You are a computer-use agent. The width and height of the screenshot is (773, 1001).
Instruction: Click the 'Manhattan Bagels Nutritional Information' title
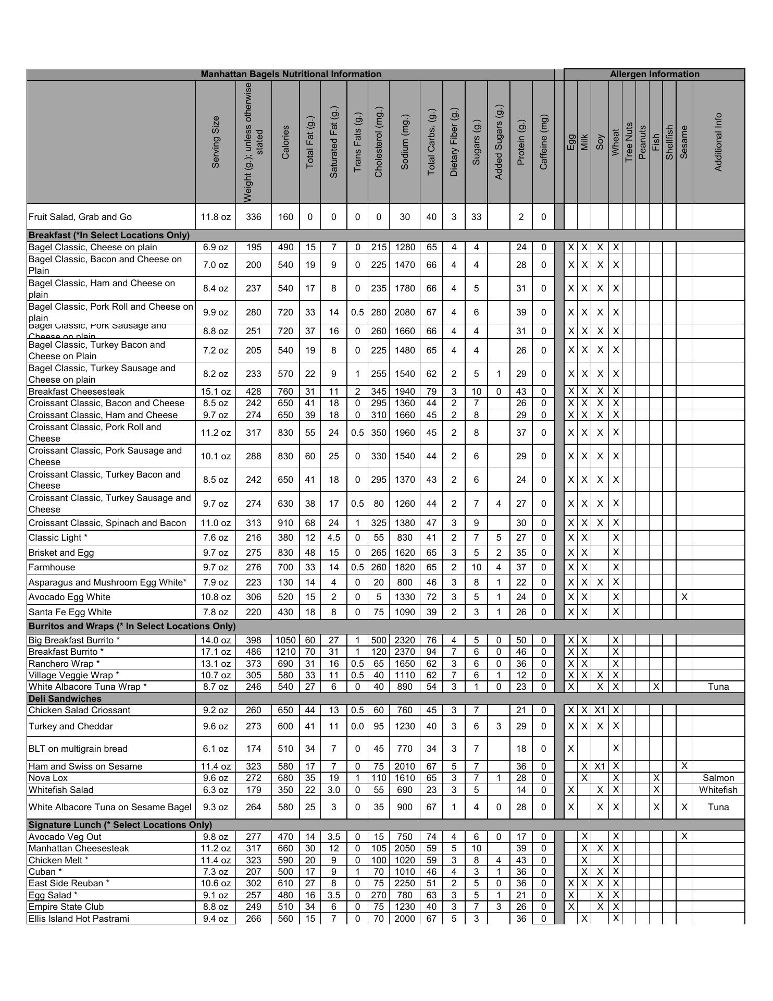(x=291, y=74)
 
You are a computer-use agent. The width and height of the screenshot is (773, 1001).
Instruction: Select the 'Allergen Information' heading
(x=654, y=74)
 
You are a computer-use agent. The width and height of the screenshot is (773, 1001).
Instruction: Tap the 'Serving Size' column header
(x=216, y=142)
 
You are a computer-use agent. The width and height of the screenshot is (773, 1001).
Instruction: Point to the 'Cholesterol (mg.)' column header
(x=378, y=142)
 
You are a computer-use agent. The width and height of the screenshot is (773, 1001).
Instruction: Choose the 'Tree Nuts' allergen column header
(x=629, y=142)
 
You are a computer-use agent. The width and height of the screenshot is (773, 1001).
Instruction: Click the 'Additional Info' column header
(x=718, y=142)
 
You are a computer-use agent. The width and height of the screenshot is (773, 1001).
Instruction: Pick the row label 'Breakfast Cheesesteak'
(x=77, y=392)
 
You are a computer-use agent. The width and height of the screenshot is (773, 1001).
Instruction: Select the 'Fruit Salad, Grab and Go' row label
(x=80, y=217)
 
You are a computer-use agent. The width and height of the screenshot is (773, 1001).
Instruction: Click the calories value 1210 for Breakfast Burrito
(x=285, y=652)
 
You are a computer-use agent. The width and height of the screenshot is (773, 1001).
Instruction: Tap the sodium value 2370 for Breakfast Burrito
(x=405, y=652)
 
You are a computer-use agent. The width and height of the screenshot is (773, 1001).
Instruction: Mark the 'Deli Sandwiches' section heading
(x=65, y=699)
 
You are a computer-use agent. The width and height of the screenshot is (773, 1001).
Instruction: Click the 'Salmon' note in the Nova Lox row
(x=718, y=778)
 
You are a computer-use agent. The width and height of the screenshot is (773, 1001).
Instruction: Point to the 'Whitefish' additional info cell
(x=718, y=790)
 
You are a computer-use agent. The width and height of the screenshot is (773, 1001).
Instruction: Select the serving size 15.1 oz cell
(x=216, y=392)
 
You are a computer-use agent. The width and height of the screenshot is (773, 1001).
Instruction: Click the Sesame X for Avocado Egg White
(x=684, y=597)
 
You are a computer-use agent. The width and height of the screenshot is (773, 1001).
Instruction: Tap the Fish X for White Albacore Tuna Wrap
(x=656, y=687)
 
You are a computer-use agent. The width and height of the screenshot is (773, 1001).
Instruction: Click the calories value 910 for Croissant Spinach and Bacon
(x=285, y=523)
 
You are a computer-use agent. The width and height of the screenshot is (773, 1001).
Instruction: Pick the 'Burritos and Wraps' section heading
(x=132, y=626)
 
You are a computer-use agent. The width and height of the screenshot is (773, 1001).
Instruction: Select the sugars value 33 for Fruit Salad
(x=476, y=217)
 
